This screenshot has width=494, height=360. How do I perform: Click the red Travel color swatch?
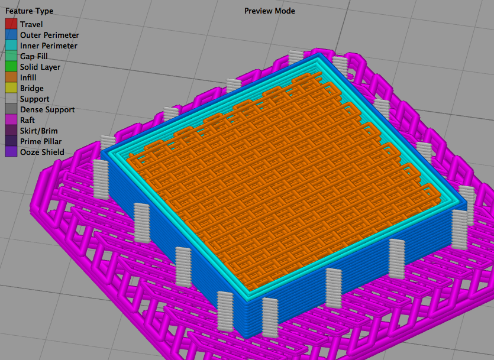coord(11,24)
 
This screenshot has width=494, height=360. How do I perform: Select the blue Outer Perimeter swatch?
coord(11,35)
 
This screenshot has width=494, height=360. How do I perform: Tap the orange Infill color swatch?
coord(11,77)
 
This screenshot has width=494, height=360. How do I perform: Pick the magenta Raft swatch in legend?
coord(11,120)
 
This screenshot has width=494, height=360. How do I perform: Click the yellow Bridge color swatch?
coord(11,88)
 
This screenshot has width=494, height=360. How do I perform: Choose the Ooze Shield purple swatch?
coord(11,152)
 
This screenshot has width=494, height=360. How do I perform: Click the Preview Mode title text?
coord(270,11)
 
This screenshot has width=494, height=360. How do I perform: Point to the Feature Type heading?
coord(30,11)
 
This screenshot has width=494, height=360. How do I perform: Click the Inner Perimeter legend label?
coord(49,46)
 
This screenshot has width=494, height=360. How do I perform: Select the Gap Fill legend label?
coord(34,56)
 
